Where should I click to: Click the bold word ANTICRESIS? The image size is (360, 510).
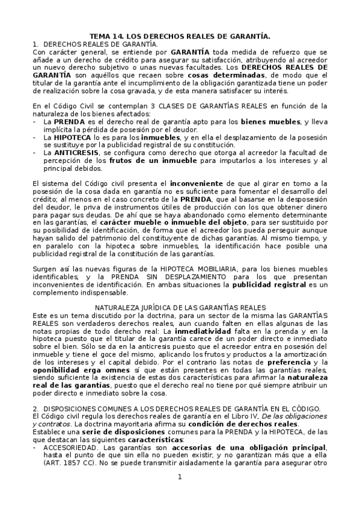[x=67, y=153]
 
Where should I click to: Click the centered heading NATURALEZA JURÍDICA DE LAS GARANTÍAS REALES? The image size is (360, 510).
[x=180, y=307]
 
